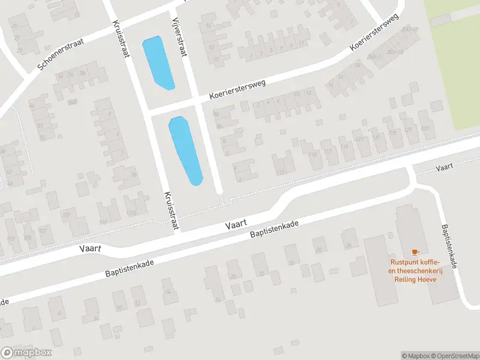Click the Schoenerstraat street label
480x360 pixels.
tap(59, 52)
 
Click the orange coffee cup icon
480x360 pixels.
tap(414, 253)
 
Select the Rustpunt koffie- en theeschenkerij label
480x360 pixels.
tap(415, 270)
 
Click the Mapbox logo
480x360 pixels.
tap(26, 353)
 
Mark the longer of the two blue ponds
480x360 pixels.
tap(186, 151)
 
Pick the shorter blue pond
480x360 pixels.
tap(158, 62)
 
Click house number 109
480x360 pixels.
tap(67, 214)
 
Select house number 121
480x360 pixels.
tap(359, 139)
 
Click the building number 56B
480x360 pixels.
tap(72, 102)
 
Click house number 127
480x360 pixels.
tap(409, 129)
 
